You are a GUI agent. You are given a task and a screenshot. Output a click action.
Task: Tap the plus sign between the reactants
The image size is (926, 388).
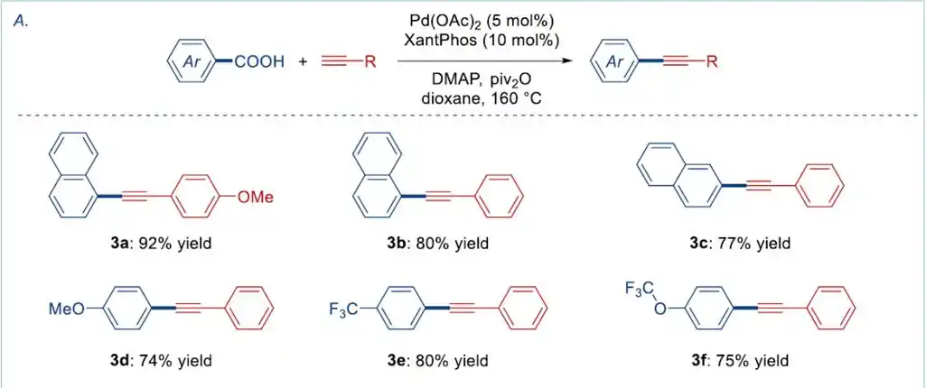302,62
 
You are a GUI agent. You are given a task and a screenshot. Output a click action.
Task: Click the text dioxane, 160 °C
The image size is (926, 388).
487,98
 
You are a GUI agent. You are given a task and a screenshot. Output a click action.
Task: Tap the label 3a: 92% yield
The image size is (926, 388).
160,243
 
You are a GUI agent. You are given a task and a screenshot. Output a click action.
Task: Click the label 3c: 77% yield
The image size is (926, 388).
739,243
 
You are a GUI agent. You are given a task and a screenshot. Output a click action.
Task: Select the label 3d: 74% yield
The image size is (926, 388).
160,361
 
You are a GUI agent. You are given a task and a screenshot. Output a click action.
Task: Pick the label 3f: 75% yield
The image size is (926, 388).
739,361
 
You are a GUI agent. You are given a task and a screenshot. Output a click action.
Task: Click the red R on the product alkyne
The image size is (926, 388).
712,62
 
